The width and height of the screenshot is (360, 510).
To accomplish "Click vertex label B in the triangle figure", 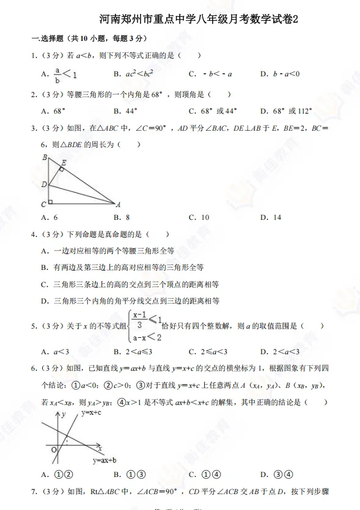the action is (x=45, y=158).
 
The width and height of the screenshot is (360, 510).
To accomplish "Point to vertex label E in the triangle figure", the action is (x=65, y=162).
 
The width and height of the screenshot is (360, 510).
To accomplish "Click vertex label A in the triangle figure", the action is (x=118, y=205).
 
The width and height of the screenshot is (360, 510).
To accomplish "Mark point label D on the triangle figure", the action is (x=43, y=184).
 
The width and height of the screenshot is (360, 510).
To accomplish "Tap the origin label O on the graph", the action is (x=53, y=450).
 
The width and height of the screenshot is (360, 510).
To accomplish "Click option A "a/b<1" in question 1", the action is (x=58, y=74).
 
